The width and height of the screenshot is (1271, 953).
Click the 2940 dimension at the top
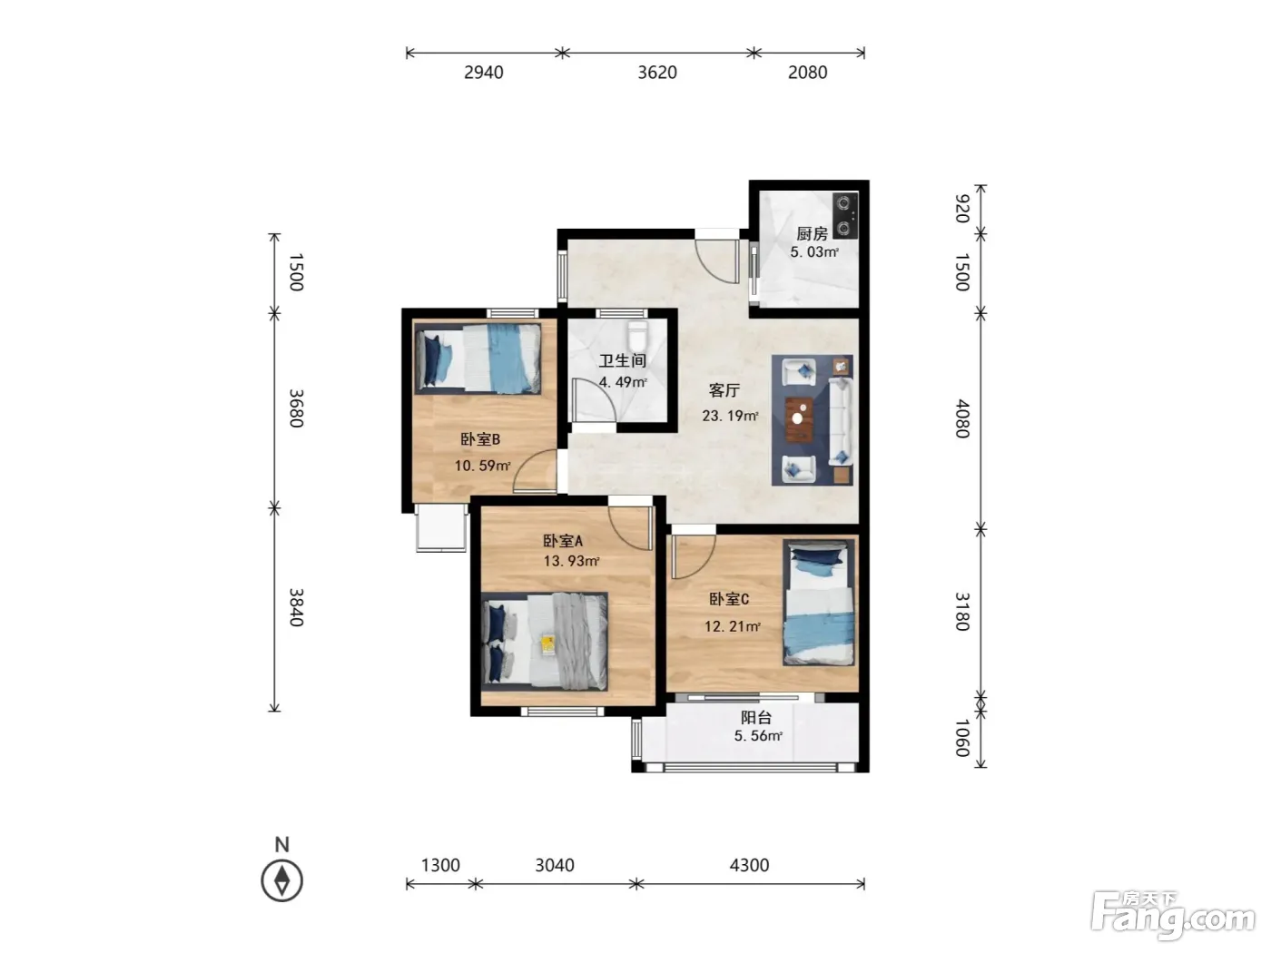pos(484,73)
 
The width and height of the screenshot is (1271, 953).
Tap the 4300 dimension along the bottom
pos(749,865)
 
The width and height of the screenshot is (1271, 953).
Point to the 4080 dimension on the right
pos(961,418)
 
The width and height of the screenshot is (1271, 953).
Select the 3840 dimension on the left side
pos(296,607)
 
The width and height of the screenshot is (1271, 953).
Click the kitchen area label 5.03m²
pos(814,251)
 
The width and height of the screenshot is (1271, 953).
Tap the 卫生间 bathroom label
pos(623,360)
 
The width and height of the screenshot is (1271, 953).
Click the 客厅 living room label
pos(724,390)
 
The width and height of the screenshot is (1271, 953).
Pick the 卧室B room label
pos(480,439)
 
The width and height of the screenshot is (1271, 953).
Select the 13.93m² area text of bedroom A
pos(571,561)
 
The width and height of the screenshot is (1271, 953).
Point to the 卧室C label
pos(729,599)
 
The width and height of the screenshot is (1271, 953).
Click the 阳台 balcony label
pos(756,718)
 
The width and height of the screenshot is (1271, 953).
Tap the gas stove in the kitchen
pos(845,216)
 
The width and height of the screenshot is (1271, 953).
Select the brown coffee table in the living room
pos(799,419)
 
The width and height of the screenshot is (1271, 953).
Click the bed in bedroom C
pos(818,603)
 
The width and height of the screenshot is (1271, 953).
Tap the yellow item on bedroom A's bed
pos(547,644)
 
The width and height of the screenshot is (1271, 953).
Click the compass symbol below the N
pos(282,880)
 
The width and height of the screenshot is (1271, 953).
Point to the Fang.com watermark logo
pos(1173,916)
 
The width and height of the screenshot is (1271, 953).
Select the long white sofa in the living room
pos(840,420)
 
